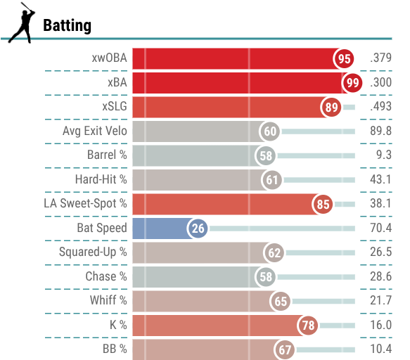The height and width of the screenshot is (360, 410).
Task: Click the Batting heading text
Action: click(x=68, y=25)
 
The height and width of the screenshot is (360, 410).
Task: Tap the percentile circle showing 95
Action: click(x=344, y=58)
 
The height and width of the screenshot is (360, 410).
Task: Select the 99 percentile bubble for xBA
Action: click(x=352, y=83)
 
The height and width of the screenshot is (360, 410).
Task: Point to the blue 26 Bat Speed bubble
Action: click(x=198, y=229)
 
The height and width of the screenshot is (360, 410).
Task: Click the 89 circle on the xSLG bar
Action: click(x=331, y=107)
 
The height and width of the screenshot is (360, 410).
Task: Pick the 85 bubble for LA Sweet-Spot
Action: click(x=323, y=204)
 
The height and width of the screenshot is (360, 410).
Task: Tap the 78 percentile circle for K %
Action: click(x=308, y=326)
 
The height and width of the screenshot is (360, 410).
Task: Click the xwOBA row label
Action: click(x=109, y=58)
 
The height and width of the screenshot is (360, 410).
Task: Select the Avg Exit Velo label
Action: click(x=95, y=131)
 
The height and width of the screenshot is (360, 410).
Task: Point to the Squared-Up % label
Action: click(x=93, y=252)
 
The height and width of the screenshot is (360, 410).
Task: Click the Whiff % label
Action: click(x=108, y=300)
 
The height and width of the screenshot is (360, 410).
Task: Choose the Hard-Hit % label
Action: click(x=101, y=179)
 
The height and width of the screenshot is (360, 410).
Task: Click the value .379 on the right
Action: click(x=380, y=58)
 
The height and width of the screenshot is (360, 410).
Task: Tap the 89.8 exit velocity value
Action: click(x=380, y=131)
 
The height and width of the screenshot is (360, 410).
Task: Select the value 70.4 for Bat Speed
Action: click(x=380, y=228)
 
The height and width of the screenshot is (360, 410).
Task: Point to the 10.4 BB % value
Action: click(x=380, y=349)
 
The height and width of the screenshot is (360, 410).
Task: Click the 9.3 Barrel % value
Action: click(x=383, y=155)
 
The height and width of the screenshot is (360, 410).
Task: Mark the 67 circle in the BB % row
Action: click(x=285, y=349)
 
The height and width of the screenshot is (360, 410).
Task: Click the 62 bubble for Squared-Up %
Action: click(x=274, y=253)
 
